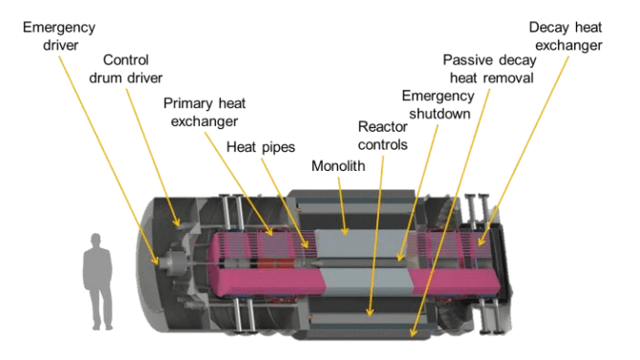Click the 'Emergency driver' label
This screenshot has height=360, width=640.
59,36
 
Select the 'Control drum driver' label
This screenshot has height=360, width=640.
126,69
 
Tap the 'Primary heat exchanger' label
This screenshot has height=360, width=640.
204,113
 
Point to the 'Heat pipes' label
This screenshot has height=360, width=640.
261,147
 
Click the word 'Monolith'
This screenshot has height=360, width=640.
338,166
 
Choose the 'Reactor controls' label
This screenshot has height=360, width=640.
383,136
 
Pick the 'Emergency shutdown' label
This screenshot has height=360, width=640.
438,104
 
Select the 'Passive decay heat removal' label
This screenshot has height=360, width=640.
490,69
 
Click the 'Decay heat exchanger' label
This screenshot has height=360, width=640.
565,36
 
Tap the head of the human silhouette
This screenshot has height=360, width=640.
96,240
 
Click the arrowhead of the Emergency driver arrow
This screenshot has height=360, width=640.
156,262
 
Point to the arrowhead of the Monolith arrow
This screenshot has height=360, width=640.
345,231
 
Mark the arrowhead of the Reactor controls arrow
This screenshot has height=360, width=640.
370,312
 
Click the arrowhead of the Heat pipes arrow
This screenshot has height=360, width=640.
306,244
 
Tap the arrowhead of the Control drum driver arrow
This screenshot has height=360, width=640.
177,222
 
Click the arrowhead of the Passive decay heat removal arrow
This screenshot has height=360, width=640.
413,333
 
